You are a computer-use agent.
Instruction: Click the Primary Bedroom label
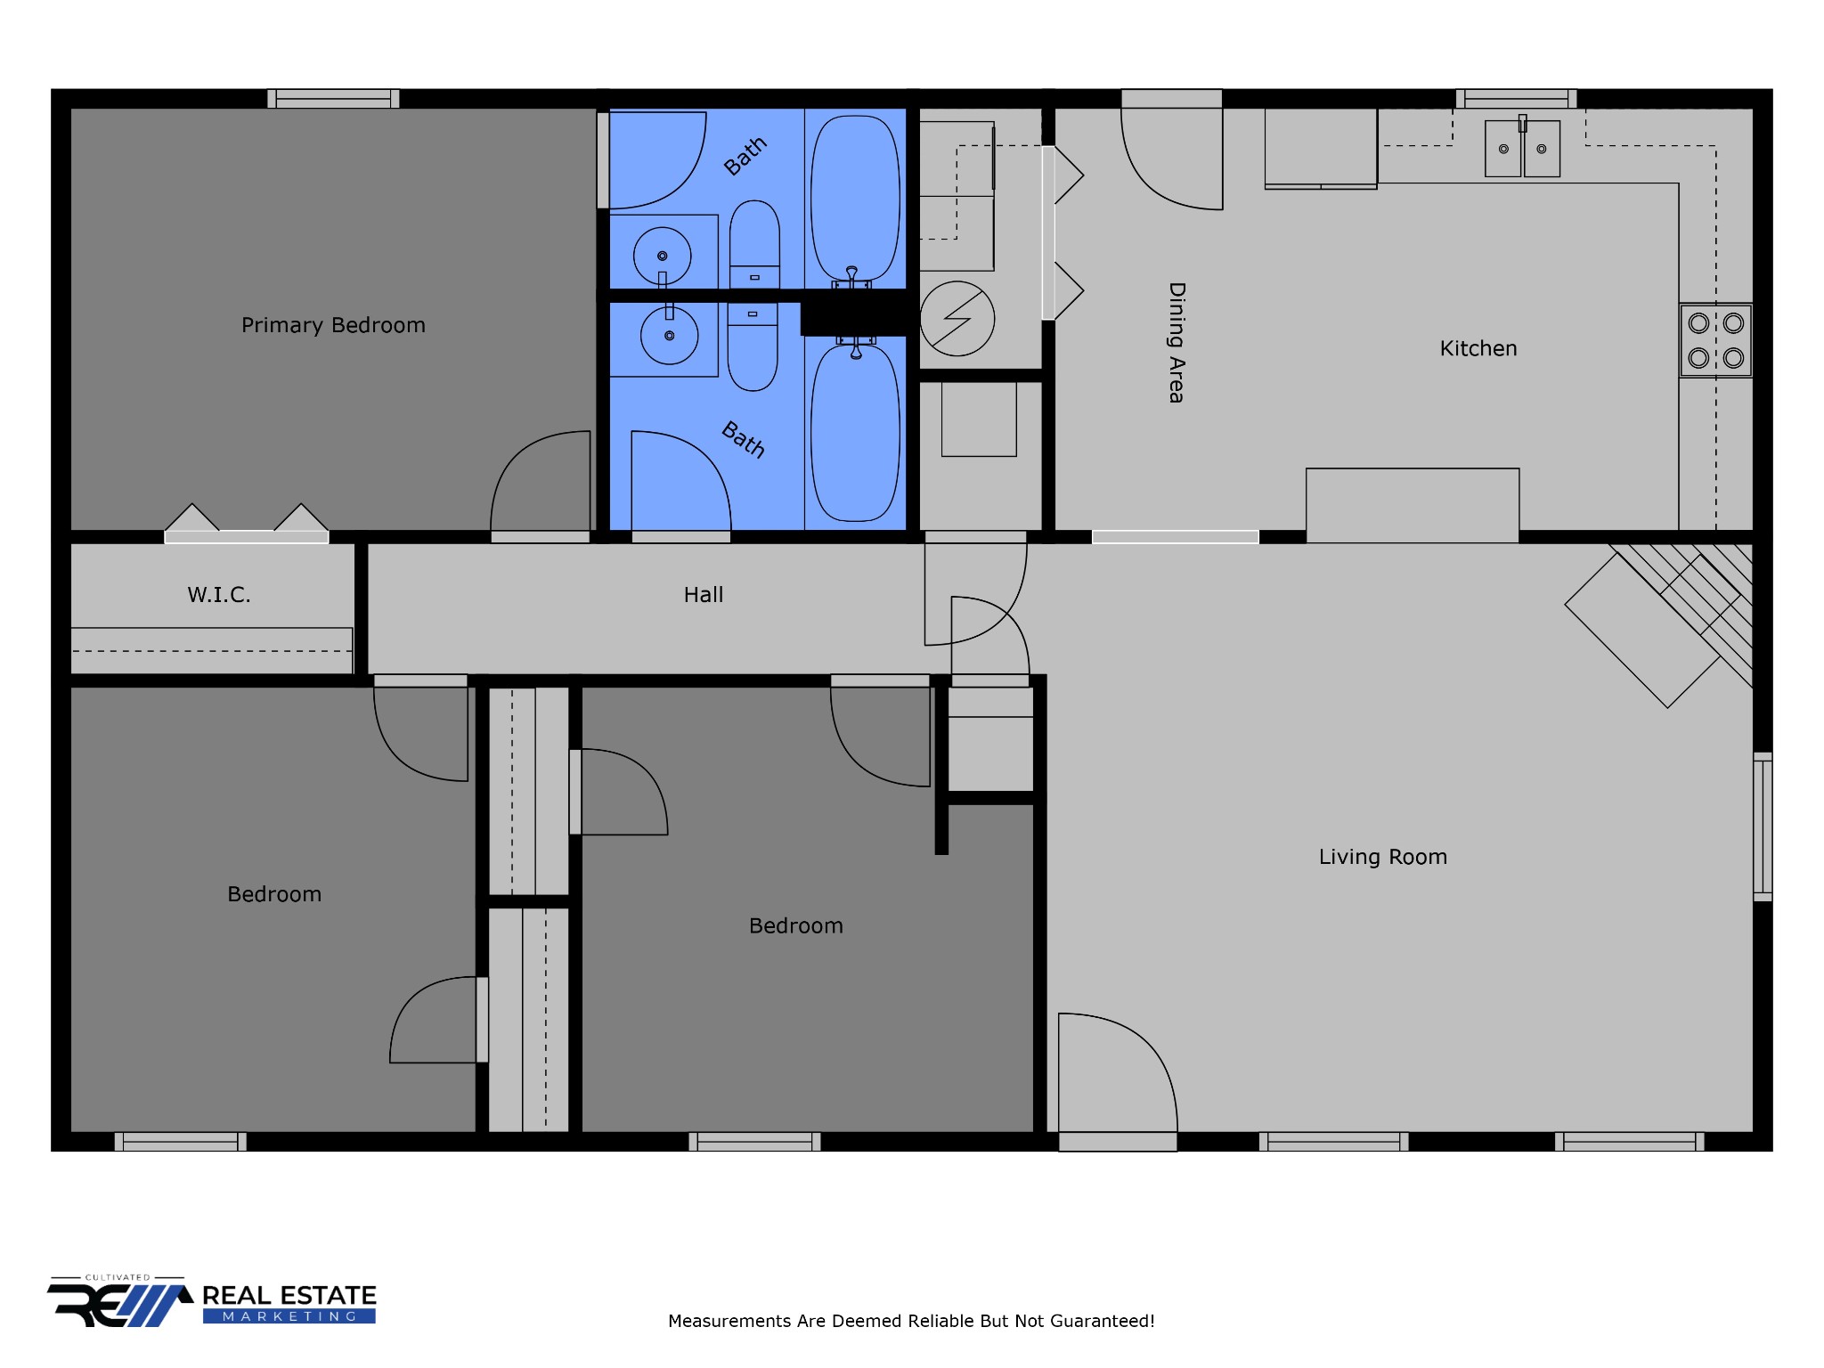pos(333,325)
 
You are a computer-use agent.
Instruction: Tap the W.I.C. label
pos(219,595)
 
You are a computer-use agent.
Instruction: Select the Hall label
pos(704,595)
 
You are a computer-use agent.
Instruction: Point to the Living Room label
pos(1383,857)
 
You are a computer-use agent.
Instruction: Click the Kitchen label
pos(1478,348)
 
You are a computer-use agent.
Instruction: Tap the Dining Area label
pos(1177,343)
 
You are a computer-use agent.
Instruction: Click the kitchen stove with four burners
pos(1716,340)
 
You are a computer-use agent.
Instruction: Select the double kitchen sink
pos(1523,148)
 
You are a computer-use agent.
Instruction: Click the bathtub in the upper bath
pos(855,198)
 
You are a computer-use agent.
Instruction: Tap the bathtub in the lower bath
pos(855,432)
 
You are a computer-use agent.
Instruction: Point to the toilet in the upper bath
pos(754,244)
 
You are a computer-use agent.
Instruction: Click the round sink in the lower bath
pos(669,336)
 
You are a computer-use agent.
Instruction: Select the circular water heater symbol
pos(957,319)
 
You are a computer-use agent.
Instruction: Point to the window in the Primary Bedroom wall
pos(333,98)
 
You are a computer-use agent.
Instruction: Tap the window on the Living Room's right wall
pos(1763,826)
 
